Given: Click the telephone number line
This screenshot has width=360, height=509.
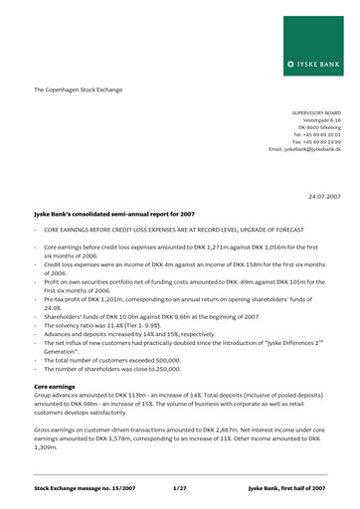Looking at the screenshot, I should [x=316, y=134].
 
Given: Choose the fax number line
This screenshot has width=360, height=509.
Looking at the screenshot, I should [x=316, y=141].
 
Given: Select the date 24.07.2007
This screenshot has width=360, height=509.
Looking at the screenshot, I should [x=323, y=197].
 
